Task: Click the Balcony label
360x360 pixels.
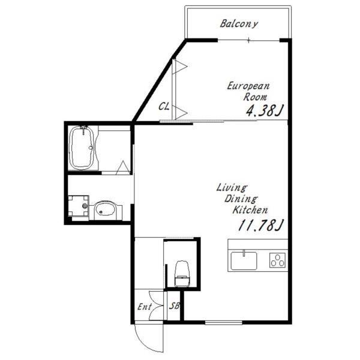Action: (x=239, y=24)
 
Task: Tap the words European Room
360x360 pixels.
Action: (x=249, y=91)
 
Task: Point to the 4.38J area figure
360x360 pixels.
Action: (x=265, y=110)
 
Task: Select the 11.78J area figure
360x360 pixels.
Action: (x=261, y=225)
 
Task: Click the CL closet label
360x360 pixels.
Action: (x=164, y=107)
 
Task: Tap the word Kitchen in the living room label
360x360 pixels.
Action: (x=250, y=210)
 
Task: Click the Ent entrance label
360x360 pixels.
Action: (x=145, y=307)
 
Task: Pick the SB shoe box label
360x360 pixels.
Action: (x=175, y=306)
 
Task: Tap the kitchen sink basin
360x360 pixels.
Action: (x=244, y=260)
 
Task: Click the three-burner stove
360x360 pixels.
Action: (x=278, y=260)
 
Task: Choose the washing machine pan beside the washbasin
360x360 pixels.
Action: (x=78, y=206)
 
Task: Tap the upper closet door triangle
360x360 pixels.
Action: (x=179, y=67)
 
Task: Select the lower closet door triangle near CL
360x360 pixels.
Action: (x=180, y=113)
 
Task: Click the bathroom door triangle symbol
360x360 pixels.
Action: (x=123, y=167)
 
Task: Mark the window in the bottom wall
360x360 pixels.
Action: (x=223, y=323)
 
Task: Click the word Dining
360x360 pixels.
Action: (x=241, y=199)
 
